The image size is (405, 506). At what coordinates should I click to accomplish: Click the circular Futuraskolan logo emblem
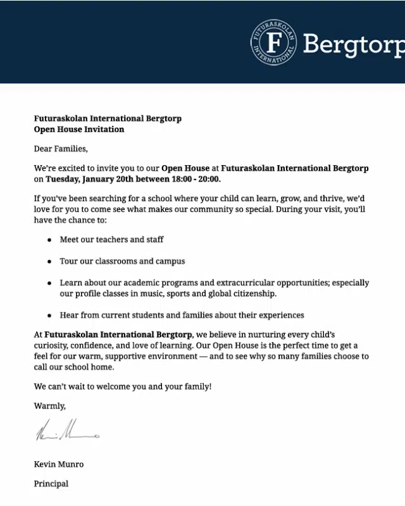273,42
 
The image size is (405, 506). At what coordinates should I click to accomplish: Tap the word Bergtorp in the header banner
353,44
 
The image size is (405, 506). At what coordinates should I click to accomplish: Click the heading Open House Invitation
79,129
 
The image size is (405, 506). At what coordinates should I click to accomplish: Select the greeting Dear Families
61,149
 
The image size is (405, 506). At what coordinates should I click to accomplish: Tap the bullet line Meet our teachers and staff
111,240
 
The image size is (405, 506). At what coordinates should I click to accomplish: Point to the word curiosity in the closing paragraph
54,345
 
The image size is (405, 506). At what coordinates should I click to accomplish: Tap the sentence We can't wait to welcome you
123,386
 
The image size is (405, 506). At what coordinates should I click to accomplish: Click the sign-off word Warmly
49,405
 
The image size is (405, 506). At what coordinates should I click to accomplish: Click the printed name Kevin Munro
59,464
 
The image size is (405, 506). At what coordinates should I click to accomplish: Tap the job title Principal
51,484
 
